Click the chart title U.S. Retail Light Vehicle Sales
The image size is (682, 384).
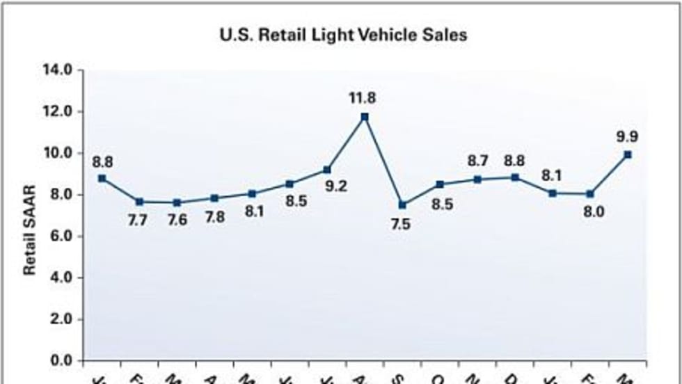pos(343,35)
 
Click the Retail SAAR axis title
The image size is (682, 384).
pos(30,230)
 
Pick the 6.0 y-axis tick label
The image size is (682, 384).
pos(62,237)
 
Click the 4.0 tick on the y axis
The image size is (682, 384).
pos(62,278)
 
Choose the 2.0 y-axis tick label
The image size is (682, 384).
pos(62,319)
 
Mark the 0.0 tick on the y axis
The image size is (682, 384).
pos(62,360)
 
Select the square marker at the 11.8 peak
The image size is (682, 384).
pos(365,117)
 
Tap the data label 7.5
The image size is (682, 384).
pos(402,225)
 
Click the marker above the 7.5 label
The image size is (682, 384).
pos(402,205)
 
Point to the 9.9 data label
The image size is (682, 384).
pos(628,136)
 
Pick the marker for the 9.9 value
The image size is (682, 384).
pos(628,154)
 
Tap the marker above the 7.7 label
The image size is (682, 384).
pos(140,202)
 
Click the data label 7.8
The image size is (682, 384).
pos(215,216)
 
